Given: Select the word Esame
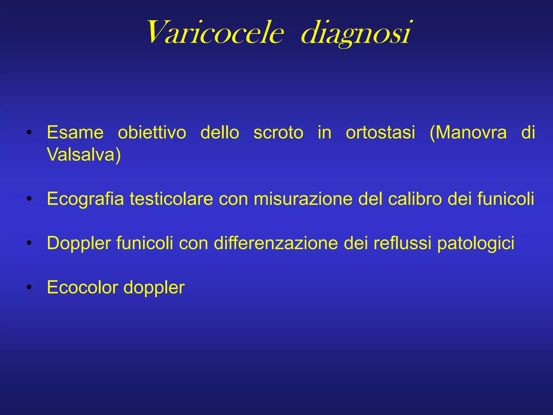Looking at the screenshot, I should (x=75, y=133).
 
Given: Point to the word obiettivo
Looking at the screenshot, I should (x=152, y=133).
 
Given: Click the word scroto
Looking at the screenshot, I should (x=278, y=133).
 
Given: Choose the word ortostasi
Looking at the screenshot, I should (x=380, y=133).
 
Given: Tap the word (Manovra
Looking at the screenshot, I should (x=468, y=133).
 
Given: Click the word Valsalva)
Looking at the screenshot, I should (x=84, y=155).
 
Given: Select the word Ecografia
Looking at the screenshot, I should (x=85, y=199).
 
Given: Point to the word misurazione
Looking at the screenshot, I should (x=303, y=199).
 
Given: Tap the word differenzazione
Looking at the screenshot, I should (x=276, y=243).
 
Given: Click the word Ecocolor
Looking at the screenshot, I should (x=82, y=287).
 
